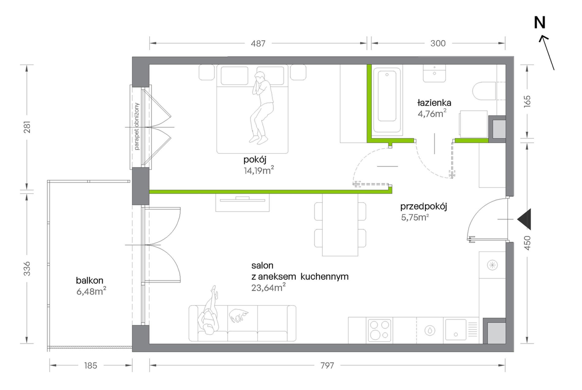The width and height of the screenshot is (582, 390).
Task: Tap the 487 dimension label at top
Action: [258, 44]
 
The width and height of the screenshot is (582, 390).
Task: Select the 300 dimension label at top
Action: [438, 44]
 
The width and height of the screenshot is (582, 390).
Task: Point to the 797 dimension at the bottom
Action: [327, 365]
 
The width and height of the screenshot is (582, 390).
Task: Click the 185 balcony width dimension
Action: [90, 365]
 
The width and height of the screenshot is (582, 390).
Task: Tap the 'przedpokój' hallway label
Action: [424, 206]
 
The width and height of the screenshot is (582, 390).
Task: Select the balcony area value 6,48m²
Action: [91, 291]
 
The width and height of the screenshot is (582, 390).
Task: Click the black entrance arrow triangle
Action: [525, 219]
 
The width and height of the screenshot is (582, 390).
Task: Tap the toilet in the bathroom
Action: [484, 91]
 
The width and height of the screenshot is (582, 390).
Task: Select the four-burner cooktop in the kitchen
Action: [380, 330]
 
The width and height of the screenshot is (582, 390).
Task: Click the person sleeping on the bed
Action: [261, 108]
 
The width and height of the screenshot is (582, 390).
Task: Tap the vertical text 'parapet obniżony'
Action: [137, 126]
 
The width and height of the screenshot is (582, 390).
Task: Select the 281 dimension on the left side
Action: [27, 127]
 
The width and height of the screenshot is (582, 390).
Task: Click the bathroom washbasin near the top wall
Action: [435, 73]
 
